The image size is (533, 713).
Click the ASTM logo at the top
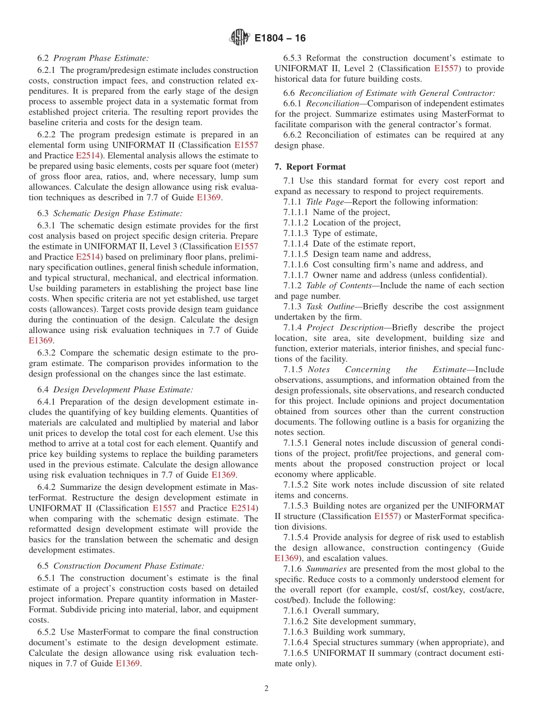240,38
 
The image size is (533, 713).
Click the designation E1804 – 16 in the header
280,39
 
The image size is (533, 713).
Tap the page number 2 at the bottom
266,688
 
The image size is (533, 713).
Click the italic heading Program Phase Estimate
101,58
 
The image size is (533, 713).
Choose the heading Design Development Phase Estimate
123,389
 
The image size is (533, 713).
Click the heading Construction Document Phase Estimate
128,566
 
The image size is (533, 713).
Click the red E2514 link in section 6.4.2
244,508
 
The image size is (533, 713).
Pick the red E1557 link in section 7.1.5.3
387,516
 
